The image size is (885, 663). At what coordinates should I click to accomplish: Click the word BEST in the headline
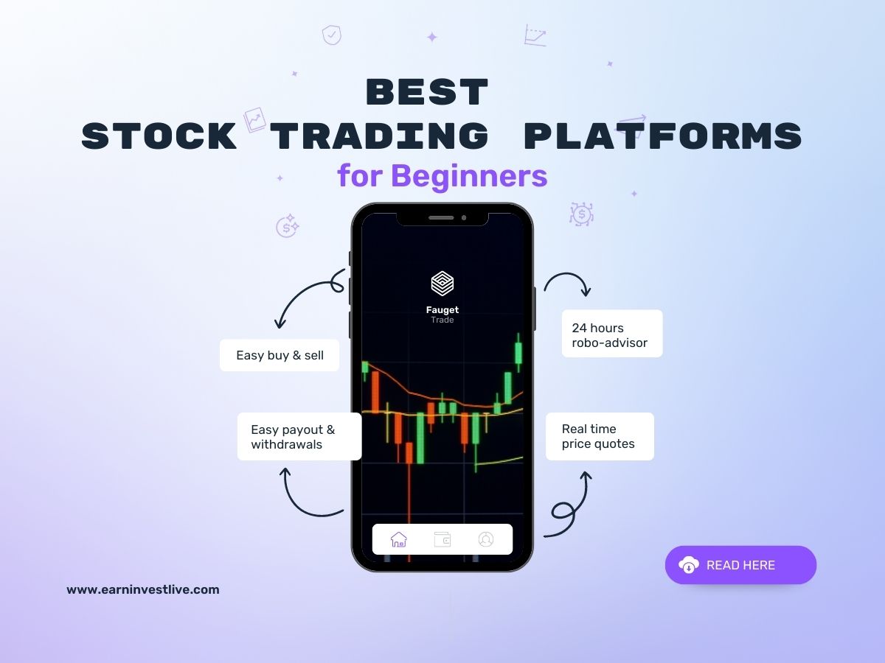point(427,94)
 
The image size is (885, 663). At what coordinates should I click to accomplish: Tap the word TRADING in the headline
point(379,137)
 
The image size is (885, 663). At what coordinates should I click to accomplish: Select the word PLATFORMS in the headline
point(662,137)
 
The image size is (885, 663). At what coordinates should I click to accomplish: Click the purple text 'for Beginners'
point(442,176)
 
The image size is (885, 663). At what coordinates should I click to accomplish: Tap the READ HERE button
point(740,565)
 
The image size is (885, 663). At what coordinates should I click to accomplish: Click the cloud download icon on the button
point(689,565)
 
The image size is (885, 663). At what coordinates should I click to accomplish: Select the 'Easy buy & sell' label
point(280,355)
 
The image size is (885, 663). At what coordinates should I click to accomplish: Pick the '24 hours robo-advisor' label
point(612,334)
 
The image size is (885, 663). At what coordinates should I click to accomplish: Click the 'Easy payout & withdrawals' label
point(299,437)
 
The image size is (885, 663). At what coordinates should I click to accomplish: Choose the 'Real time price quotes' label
point(600,436)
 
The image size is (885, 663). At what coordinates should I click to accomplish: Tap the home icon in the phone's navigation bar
point(399,539)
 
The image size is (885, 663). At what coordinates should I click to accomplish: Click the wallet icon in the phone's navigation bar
point(442,539)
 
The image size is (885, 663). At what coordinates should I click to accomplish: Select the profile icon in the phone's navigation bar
point(485,539)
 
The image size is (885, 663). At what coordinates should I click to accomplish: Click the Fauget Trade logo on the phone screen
point(442,284)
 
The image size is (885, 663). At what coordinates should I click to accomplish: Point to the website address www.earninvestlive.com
point(143,589)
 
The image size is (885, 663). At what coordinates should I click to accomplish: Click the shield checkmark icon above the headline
point(332,35)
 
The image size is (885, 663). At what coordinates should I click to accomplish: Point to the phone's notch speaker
point(441,217)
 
